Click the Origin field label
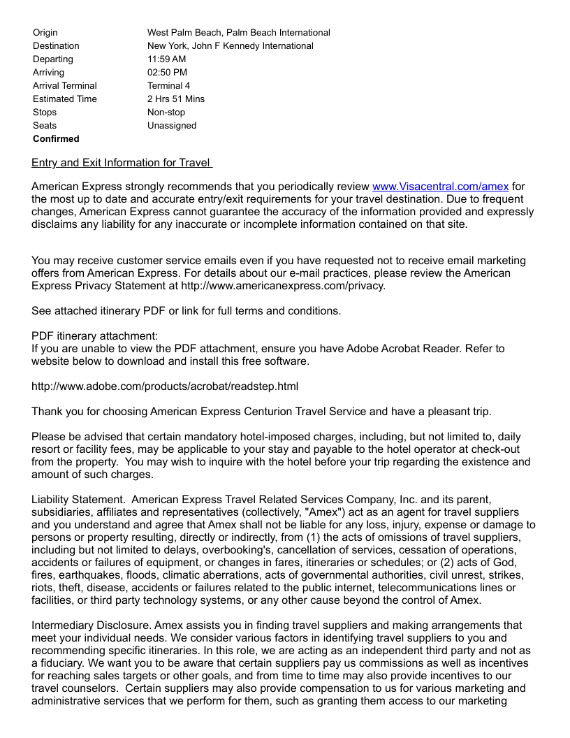(x=45, y=32)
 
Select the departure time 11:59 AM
(x=166, y=59)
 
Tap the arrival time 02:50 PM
(x=167, y=72)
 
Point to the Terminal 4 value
(x=168, y=85)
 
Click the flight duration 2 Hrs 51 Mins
(x=176, y=99)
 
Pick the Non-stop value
(x=166, y=112)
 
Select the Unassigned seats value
(x=172, y=125)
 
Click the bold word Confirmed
(x=56, y=138)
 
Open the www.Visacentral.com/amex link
(x=440, y=186)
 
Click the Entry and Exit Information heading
(x=122, y=163)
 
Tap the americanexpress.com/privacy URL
(x=283, y=286)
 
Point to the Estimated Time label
(x=65, y=99)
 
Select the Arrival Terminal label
(x=65, y=85)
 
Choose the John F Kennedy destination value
(x=230, y=45)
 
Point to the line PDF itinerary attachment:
(x=95, y=335)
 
